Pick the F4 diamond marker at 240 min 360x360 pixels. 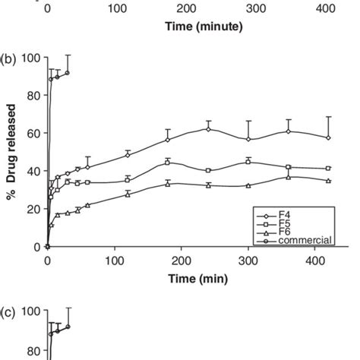click(207, 129)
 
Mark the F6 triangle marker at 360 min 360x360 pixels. click(288, 177)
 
